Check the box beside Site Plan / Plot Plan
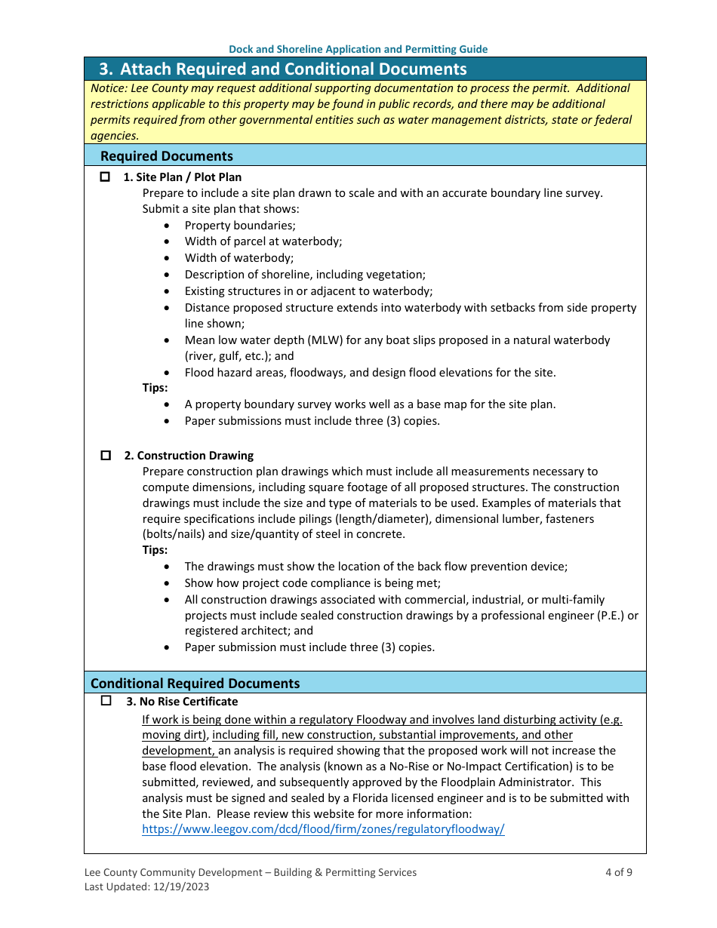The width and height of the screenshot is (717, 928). [106, 177]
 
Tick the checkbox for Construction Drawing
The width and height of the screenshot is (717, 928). [106, 456]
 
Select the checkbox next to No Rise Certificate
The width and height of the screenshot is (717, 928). [106, 701]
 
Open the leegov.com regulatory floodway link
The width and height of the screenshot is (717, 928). [323, 829]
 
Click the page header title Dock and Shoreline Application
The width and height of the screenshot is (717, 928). [358, 49]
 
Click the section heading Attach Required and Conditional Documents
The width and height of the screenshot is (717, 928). [293, 69]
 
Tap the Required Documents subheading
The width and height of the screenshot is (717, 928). [167, 156]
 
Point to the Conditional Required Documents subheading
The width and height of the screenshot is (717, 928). [195, 684]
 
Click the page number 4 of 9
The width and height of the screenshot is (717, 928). [618, 872]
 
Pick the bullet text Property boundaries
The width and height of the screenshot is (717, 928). [240, 226]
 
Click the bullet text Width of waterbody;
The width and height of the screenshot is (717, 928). [239, 258]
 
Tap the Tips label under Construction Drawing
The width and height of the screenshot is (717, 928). [155, 550]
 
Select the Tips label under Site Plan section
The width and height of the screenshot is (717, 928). [155, 388]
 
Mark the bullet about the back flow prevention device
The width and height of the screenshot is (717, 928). [376, 567]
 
